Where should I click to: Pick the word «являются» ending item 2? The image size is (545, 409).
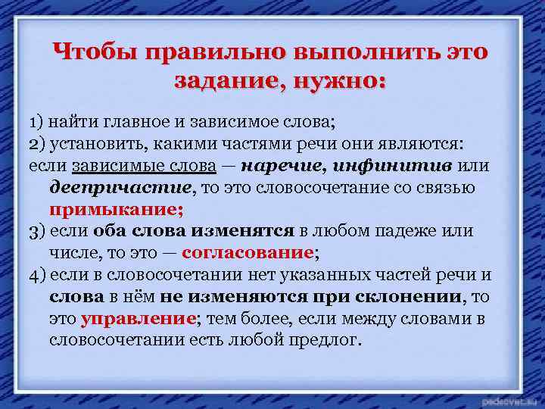pyautogui.click(x=429, y=144)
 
